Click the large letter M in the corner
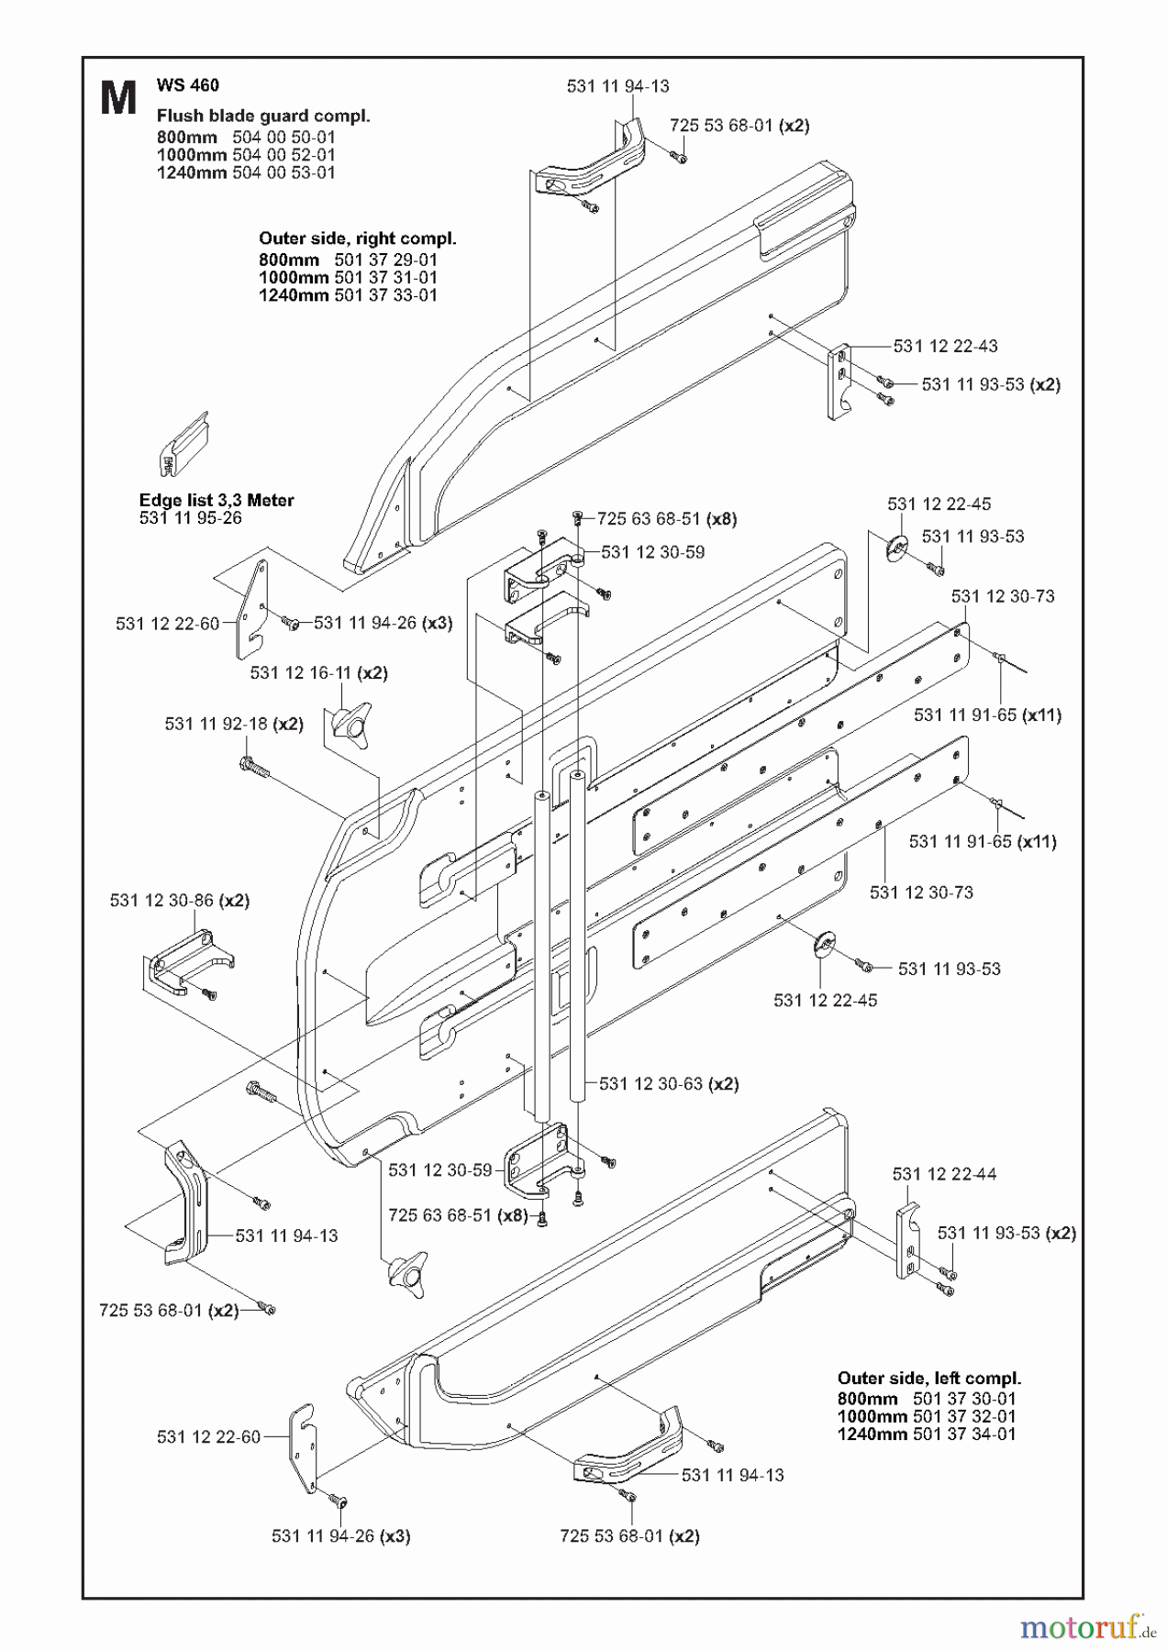click(118, 98)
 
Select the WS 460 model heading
click(187, 85)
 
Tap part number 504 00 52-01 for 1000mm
click(283, 155)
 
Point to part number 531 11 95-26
click(190, 518)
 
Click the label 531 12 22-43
click(945, 346)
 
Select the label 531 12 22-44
click(944, 1174)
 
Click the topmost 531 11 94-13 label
click(617, 86)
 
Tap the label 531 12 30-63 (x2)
click(668, 1083)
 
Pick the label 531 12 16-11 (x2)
click(318, 673)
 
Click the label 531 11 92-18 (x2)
click(233, 724)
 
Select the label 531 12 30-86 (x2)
click(179, 901)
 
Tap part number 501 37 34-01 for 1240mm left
click(964, 1435)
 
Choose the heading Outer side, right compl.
click(357, 238)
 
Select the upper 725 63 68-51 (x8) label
click(666, 519)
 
